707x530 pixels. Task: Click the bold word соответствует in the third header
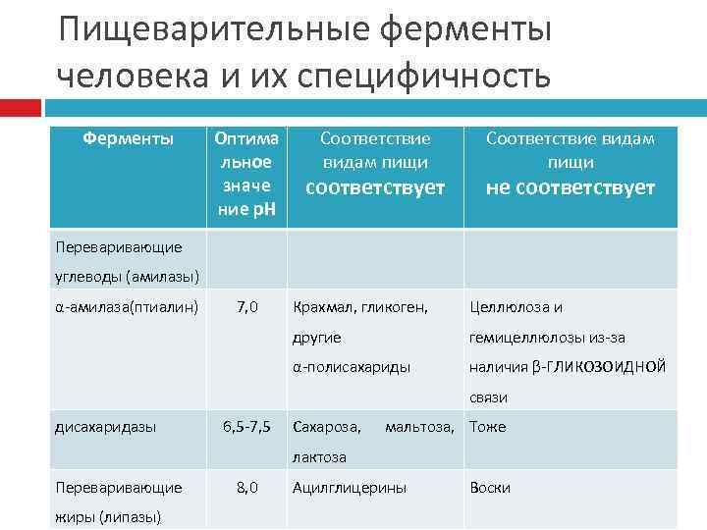pyautogui.click(x=376, y=186)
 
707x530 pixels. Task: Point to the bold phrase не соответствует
pyautogui.click(x=570, y=187)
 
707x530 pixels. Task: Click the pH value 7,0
pyautogui.click(x=247, y=307)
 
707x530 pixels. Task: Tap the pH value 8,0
pyautogui.click(x=247, y=487)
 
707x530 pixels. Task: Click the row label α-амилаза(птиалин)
pyautogui.click(x=128, y=307)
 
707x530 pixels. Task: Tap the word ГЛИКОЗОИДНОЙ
pyautogui.click(x=607, y=367)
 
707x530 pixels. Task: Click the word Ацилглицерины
pyautogui.click(x=349, y=487)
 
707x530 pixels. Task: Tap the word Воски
pyautogui.click(x=490, y=487)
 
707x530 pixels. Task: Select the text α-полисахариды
pyautogui.click(x=351, y=367)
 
